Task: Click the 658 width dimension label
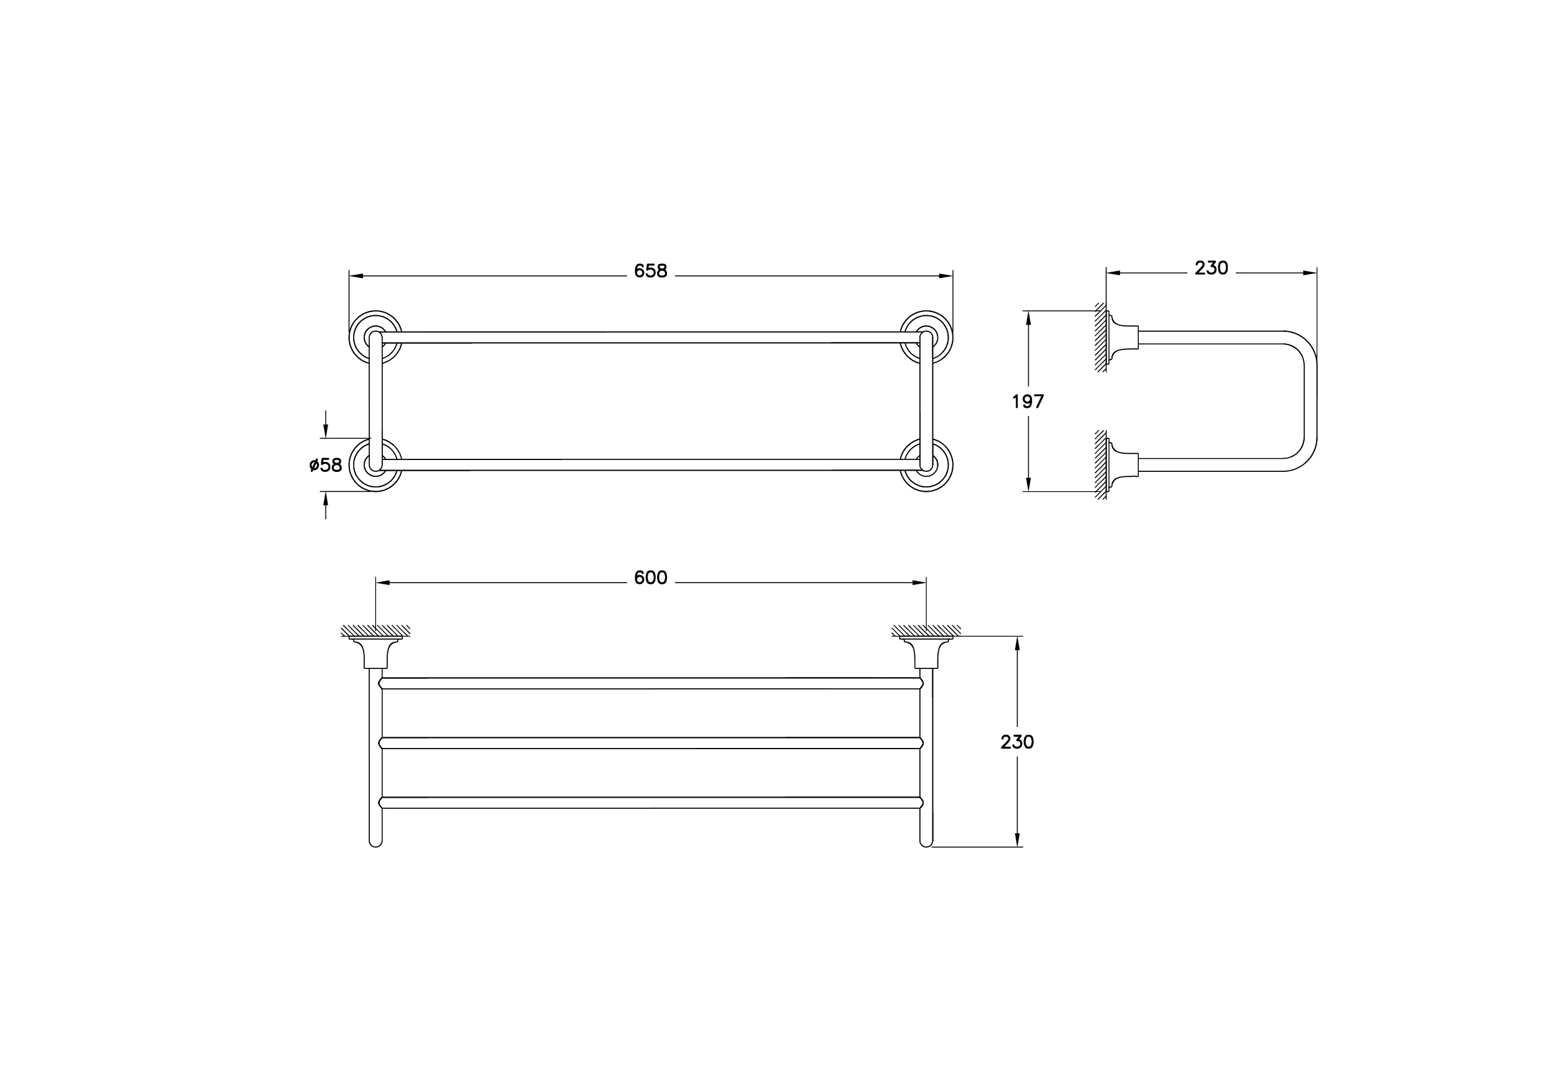(x=650, y=270)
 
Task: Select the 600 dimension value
(x=650, y=578)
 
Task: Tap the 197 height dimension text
(x=1028, y=402)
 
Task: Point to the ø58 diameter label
(x=326, y=464)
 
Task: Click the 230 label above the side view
(x=1212, y=268)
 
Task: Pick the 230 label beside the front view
(x=1017, y=742)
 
